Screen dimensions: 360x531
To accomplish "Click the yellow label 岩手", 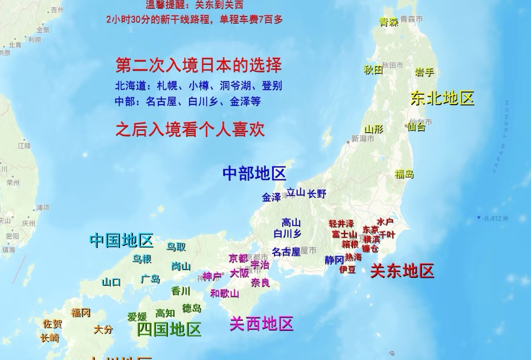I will click(x=424, y=72).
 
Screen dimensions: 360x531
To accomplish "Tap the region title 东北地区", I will click(x=442, y=98).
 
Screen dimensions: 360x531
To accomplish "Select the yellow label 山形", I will click(x=373, y=129).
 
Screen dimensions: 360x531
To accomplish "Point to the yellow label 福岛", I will click(x=404, y=174).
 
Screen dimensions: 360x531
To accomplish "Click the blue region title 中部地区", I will click(x=254, y=174).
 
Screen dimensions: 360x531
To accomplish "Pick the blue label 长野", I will click(x=317, y=194).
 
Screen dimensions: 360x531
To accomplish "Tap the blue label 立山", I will click(x=296, y=192).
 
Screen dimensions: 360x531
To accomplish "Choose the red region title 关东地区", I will click(x=402, y=271).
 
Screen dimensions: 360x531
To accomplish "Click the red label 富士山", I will click(x=344, y=234).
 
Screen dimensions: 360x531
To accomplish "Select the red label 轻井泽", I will click(x=341, y=224).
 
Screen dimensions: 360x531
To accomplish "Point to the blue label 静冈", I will click(x=334, y=260).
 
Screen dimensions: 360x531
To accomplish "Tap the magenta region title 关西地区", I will click(x=261, y=324).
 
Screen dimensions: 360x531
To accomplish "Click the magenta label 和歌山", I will click(x=224, y=294).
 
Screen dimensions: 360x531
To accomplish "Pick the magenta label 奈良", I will click(x=260, y=283).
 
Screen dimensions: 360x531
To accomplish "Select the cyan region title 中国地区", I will click(x=122, y=240).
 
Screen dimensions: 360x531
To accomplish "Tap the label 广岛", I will click(x=150, y=279).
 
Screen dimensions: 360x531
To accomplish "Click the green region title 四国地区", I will click(x=169, y=329).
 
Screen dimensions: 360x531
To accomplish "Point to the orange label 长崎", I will click(x=50, y=338).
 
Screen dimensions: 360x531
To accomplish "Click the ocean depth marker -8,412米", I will click(x=494, y=218).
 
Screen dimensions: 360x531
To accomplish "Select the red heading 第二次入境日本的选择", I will click(x=199, y=65).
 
